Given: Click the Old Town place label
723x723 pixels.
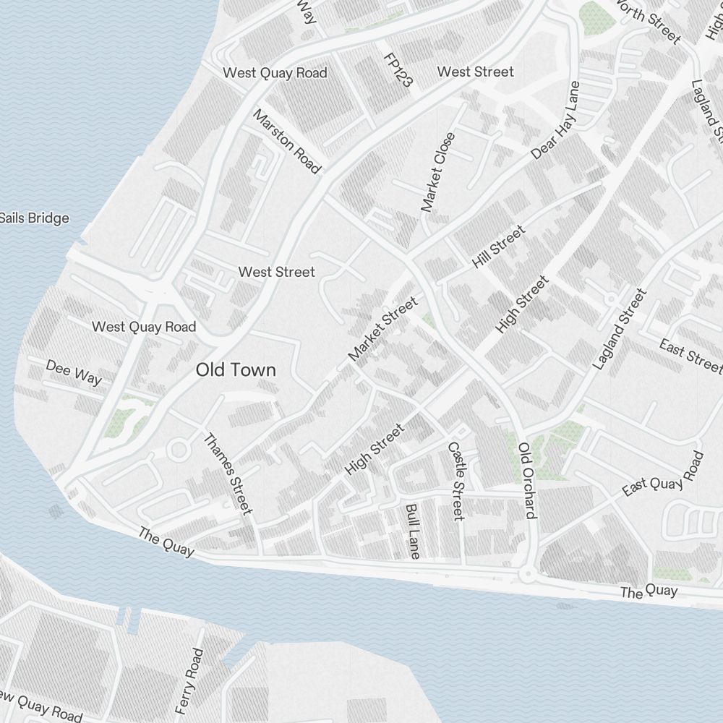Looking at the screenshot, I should pyautogui.click(x=236, y=370).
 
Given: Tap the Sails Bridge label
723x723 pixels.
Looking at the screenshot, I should pyautogui.click(x=34, y=218).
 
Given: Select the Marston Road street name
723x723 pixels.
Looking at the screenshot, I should pyautogui.click(x=286, y=142).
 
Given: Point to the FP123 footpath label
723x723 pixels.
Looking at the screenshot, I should pyautogui.click(x=398, y=70).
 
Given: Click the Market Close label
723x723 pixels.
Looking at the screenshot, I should pyautogui.click(x=439, y=172).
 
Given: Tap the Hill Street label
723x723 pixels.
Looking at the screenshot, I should pyautogui.click(x=498, y=247).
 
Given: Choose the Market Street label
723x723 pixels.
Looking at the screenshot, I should pyautogui.click(x=383, y=329).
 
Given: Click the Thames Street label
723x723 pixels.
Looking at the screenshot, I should pyautogui.click(x=228, y=474).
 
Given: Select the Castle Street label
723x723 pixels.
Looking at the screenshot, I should pyautogui.click(x=455, y=482).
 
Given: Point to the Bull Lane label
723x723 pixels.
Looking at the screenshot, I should pyautogui.click(x=413, y=531).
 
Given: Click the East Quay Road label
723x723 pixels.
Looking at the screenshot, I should pyautogui.click(x=663, y=476).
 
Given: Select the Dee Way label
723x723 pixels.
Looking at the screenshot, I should pyautogui.click(x=74, y=372).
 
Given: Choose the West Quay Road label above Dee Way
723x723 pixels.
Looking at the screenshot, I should pyautogui.click(x=144, y=327).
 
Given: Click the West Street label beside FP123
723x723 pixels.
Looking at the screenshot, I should pyautogui.click(x=476, y=72).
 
